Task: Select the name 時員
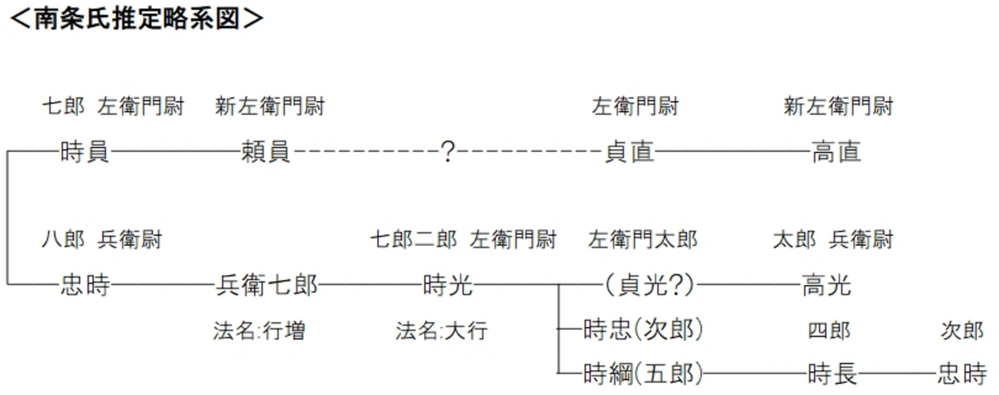click(85, 152)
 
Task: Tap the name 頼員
click(266, 152)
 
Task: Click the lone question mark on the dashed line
click(448, 152)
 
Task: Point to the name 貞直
click(629, 152)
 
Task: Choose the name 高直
click(836, 152)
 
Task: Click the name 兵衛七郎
click(266, 287)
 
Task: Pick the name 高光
click(827, 287)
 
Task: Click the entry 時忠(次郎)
click(642, 330)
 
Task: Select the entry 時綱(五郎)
click(642, 374)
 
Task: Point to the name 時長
click(832, 374)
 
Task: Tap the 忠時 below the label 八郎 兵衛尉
click(85, 287)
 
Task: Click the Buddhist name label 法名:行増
click(259, 331)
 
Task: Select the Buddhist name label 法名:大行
click(441, 331)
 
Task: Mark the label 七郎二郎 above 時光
click(413, 241)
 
